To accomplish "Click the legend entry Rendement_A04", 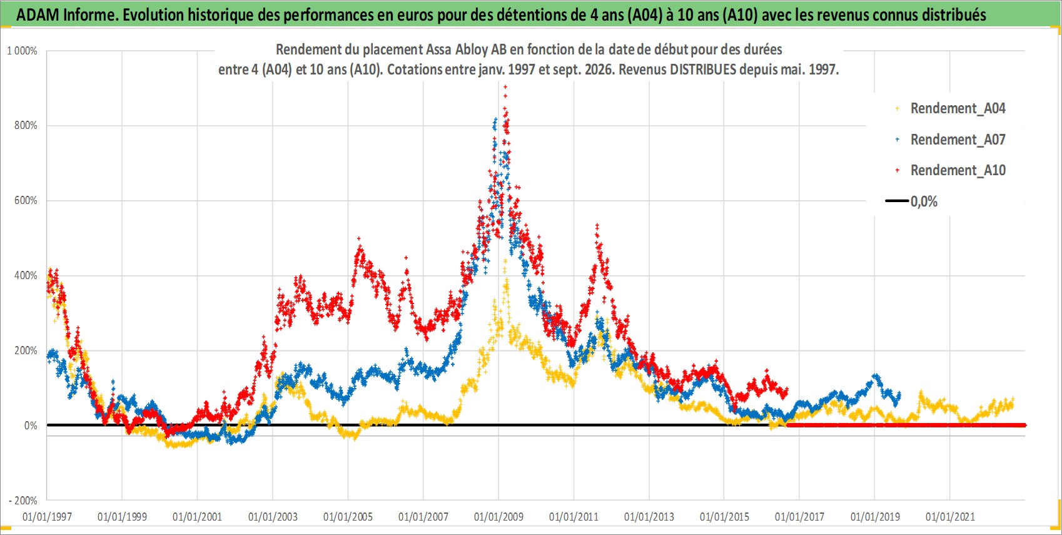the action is point(951,109).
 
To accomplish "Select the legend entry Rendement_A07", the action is point(951,140).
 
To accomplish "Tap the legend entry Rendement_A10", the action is point(951,170).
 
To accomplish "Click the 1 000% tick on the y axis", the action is point(23,51).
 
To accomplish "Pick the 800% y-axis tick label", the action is point(26,125).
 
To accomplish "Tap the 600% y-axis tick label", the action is point(26,200).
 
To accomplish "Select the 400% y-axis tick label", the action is point(26,275).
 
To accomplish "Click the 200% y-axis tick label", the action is point(26,350).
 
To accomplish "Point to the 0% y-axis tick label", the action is point(31,425).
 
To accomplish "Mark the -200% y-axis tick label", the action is point(23,501).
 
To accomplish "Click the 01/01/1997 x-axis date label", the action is point(47,516).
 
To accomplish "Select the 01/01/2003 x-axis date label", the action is point(273,516).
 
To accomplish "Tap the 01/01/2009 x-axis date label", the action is point(498,516).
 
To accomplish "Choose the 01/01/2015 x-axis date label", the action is point(724,516).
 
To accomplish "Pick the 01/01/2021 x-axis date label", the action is point(950,516).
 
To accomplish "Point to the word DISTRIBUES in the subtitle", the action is point(703,69).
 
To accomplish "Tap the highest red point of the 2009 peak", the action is point(505,87).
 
